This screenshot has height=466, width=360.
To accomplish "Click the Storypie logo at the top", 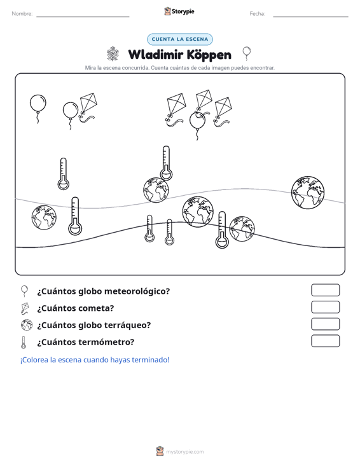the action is click(x=179, y=11).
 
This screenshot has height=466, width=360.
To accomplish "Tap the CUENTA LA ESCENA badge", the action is click(x=180, y=39).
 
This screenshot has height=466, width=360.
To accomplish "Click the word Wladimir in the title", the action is click(x=155, y=55).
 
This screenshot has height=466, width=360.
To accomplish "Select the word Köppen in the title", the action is click(x=209, y=55).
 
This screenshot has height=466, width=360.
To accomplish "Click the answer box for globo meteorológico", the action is click(x=325, y=290).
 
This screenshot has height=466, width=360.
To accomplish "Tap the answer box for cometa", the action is click(x=325, y=307).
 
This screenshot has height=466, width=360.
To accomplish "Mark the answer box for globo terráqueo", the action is click(x=325, y=324).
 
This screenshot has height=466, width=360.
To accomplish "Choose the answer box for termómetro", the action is click(x=325, y=341).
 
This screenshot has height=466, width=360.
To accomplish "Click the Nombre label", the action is click(x=22, y=14).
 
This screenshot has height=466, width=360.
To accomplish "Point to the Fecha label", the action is click(x=258, y=14).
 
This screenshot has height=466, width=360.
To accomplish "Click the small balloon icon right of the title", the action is click(x=246, y=53).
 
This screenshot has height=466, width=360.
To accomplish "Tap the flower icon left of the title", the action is click(x=113, y=54).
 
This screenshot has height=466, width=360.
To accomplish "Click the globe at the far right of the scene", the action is click(x=308, y=192).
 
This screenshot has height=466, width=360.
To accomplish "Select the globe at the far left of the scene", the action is click(x=44, y=217).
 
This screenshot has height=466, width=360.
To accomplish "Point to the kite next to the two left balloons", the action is click(x=88, y=107).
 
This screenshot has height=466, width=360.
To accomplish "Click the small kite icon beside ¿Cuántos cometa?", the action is click(x=25, y=308).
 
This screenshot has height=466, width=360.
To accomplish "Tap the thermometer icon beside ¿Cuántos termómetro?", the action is click(x=24, y=343).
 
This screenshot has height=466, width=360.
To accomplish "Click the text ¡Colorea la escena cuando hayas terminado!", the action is click(x=95, y=360).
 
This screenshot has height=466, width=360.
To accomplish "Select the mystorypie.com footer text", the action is click(x=185, y=452).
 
